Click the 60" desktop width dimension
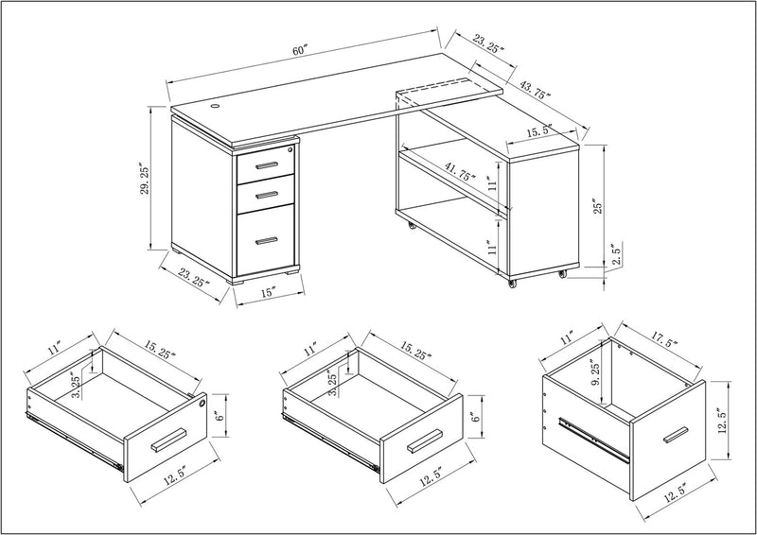(x=301, y=51)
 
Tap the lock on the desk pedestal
(x=290, y=149)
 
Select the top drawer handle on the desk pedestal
(x=266, y=166)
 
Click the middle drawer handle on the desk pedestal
(x=266, y=194)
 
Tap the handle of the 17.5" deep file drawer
(x=675, y=435)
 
